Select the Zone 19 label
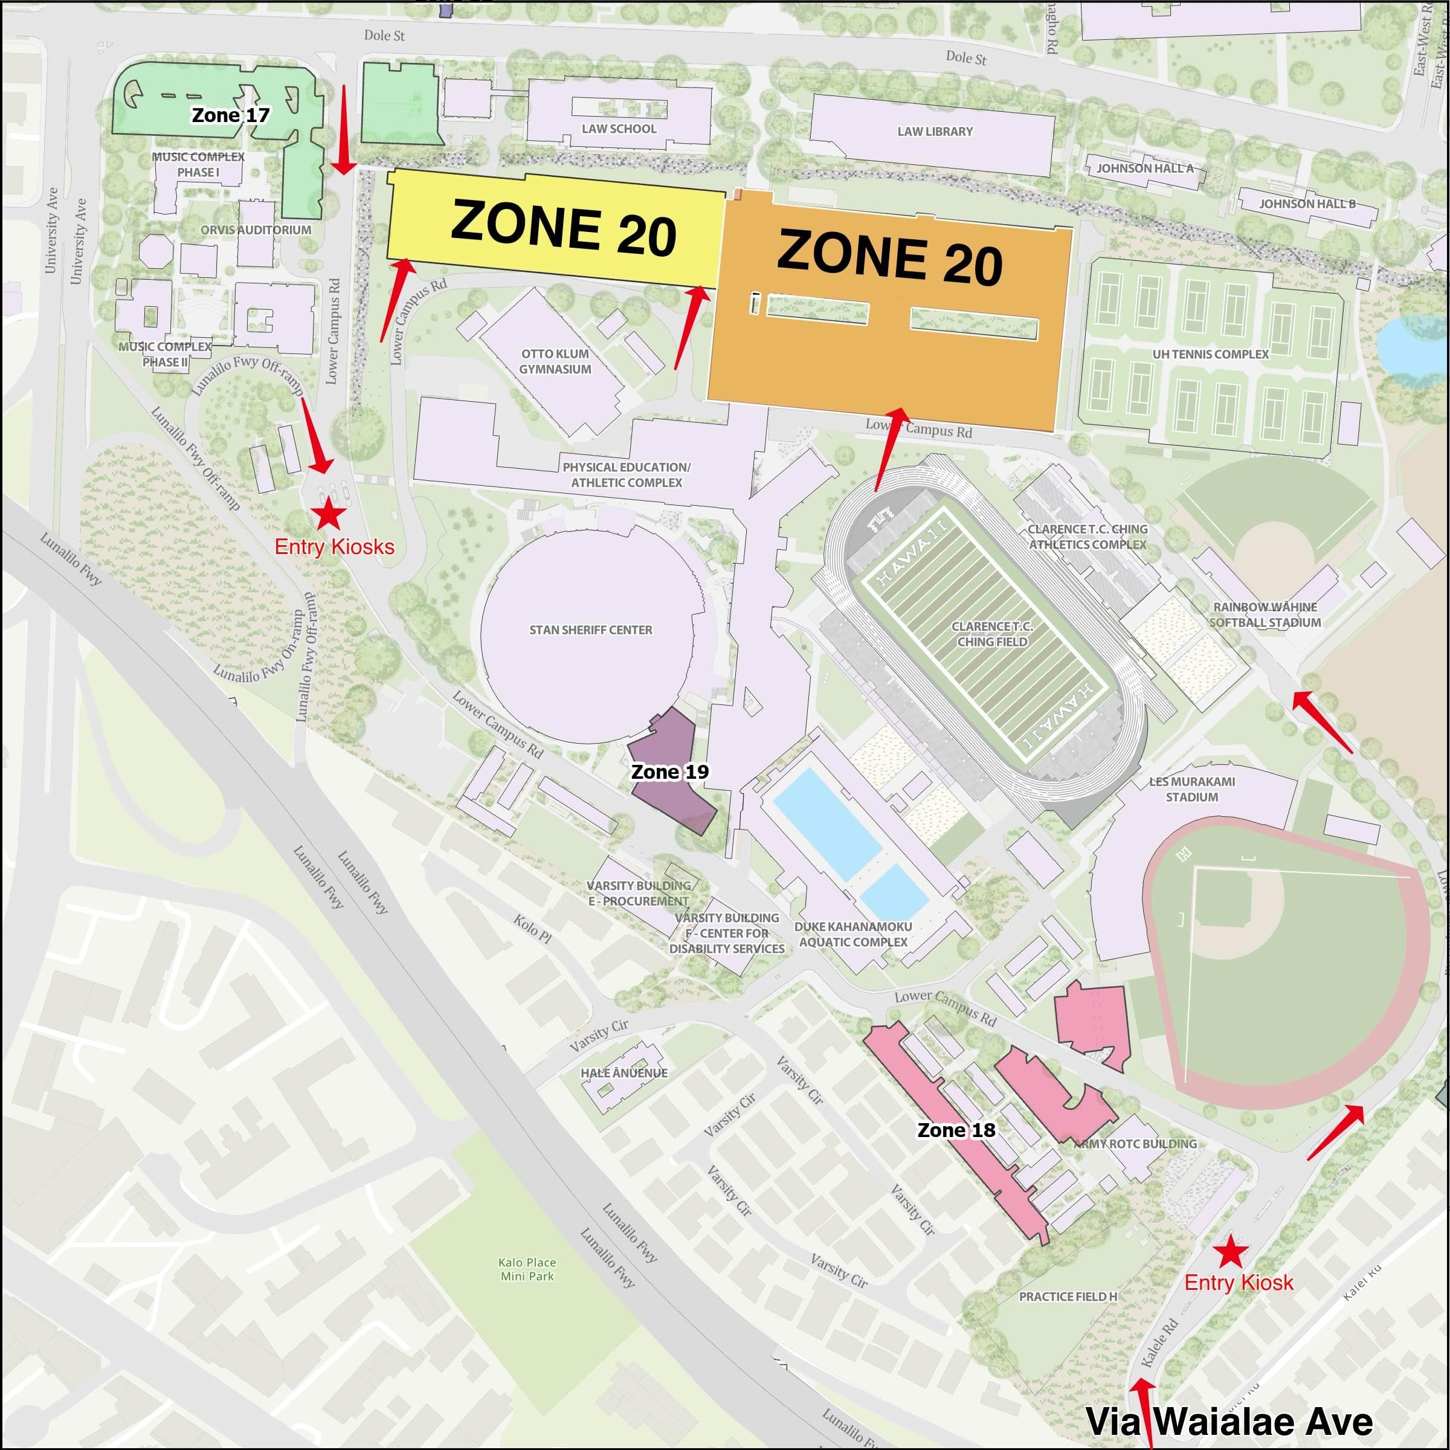669,772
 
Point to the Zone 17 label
230,115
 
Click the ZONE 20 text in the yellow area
563,227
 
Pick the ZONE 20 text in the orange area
889,257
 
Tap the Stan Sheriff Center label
591,630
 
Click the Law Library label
935,131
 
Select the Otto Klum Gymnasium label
555,361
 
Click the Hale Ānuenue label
623,1072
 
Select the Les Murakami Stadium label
1192,789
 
